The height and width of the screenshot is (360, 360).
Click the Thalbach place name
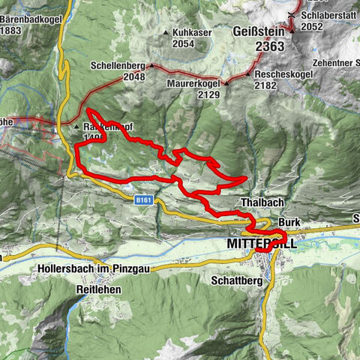point(261,203)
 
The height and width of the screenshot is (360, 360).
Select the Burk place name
point(289,223)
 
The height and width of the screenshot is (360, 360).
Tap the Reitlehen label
point(97,287)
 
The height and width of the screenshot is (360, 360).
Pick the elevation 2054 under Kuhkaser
point(183,45)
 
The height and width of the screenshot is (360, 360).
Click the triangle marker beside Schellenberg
point(151,66)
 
